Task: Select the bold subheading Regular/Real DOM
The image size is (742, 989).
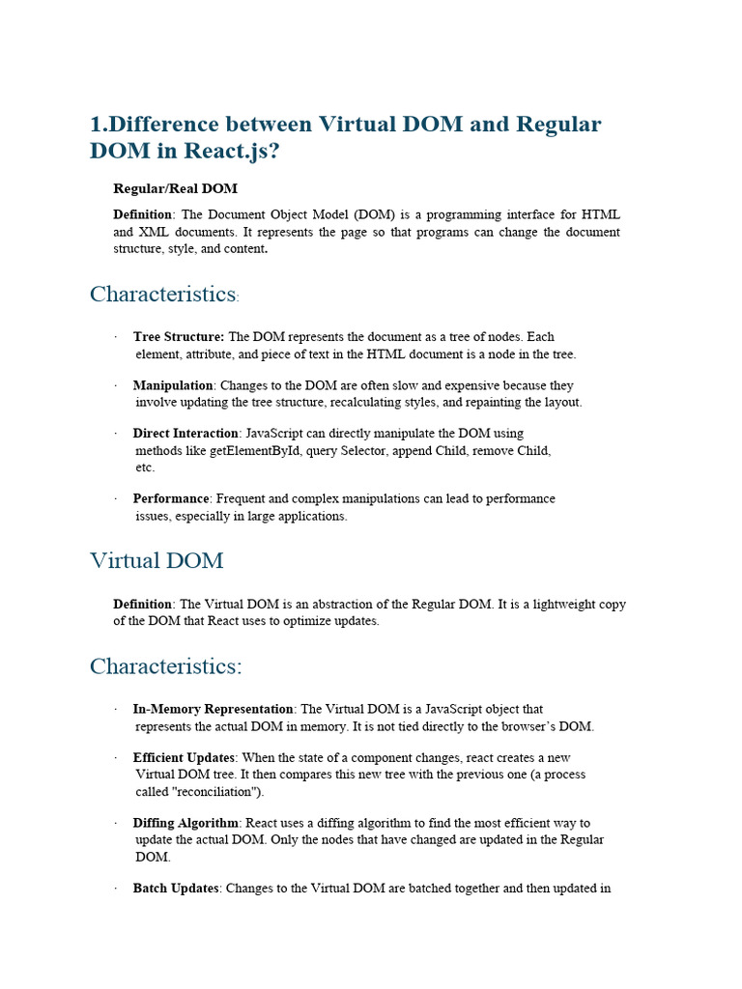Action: pyautogui.click(x=175, y=188)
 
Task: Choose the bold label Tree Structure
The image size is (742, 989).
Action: pyautogui.click(x=178, y=337)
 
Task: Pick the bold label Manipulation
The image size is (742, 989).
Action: pyautogui.click(x=172, y=385)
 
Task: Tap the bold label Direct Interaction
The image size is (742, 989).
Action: pyautogui.click(x=185, y=434)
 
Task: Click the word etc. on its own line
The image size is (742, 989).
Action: pyautogui.click(x=145, y=467)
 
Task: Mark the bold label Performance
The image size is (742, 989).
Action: pyautogui.click(x=171, y=498)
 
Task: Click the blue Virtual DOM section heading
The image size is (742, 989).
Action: pyautogui.click(x=157, y=560)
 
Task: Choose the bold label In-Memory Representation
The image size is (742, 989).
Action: pyautogui.click(x=213, y=709)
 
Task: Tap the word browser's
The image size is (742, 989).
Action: pyautogui.click(x=527, y=726)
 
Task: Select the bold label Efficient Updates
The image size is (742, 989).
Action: pyautogui.click(x=185, y=757)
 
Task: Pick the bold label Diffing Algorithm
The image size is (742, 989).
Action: pyautogui.click(x=185, y=823)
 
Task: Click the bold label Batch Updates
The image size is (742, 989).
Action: pyautogui.click(x=177, y=889)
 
